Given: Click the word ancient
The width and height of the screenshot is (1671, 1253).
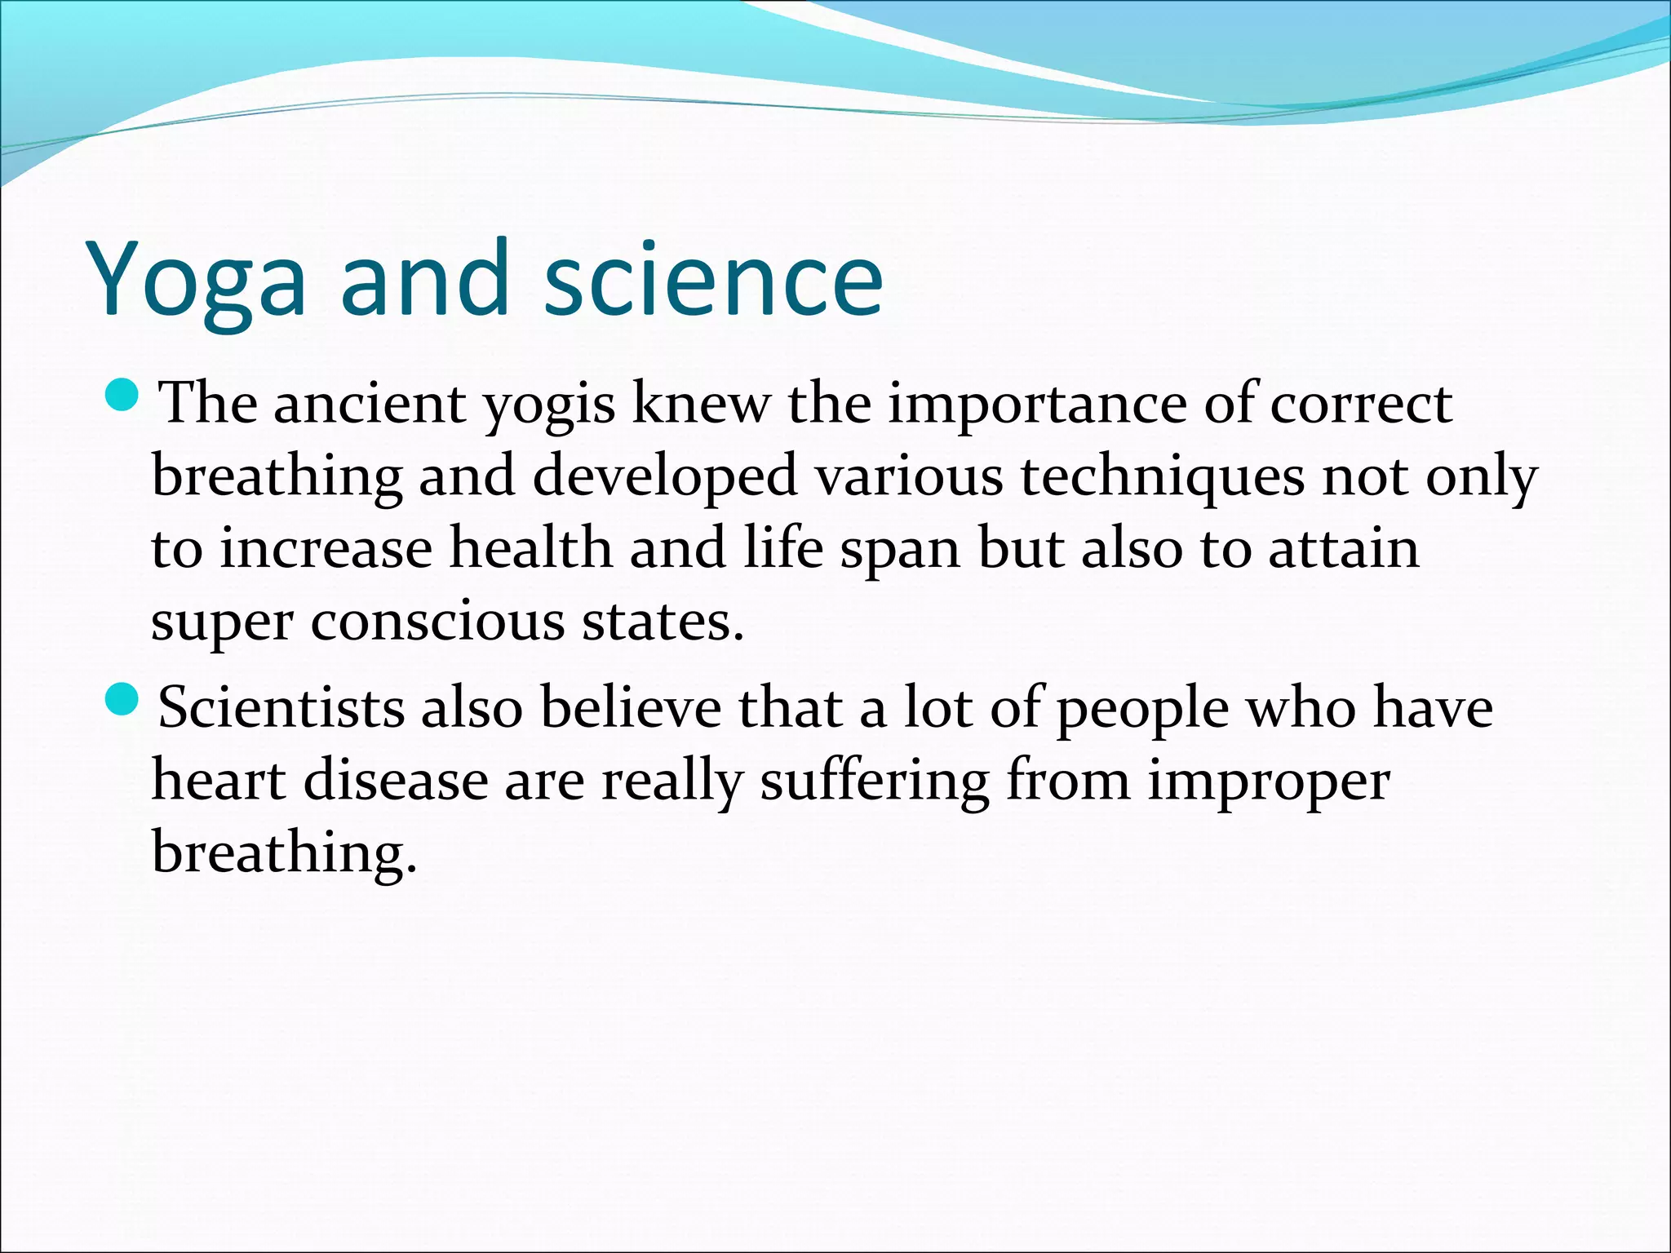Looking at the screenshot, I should [369, 404].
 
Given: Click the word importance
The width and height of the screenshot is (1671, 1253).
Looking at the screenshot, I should [1036, 405].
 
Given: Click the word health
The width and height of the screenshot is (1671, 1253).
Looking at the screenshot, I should [531, 548].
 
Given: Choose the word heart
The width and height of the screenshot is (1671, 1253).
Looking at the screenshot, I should [219, 780].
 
